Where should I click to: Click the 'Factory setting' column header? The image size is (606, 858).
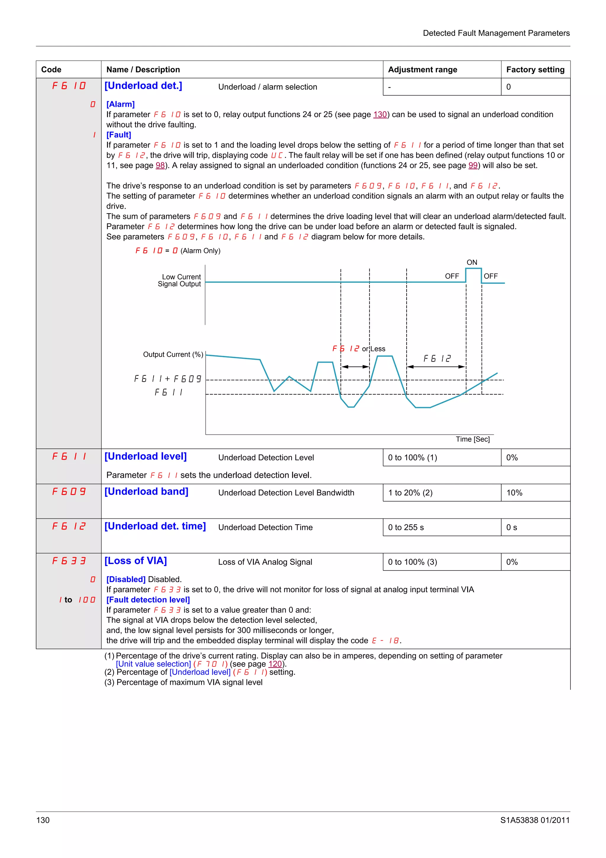pyautogui.click(x=535, y=70)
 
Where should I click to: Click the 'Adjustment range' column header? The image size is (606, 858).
pyautogui.click(x=422, y=70)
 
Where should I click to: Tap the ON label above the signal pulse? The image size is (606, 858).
pyautogui.click(x=472, y=262)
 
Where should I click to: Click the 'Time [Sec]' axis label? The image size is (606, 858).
pyautogui.click(x=472, y=439)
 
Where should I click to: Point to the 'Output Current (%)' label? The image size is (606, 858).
pyautogui.click(x=173, y=354)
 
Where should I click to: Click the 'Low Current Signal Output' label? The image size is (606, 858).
pyautogui.click(x=180, y=280)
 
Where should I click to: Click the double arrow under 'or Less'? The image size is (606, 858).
pyautogui.click(x=355, y=367)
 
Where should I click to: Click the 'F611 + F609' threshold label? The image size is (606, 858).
pyautogui.click(x=168, y=379)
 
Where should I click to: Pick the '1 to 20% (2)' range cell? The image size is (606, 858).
pyautogui.click(x=410, y=493)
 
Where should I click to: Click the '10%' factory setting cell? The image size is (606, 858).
pyautogui.click(x=514, y=493)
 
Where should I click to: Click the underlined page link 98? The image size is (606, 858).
pyautogui.click(x=160, y=165)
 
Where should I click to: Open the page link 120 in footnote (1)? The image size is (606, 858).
pyautogui.click(x=275, y=664)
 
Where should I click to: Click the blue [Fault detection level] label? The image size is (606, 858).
pyautogui.click(x=148, y=600)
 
